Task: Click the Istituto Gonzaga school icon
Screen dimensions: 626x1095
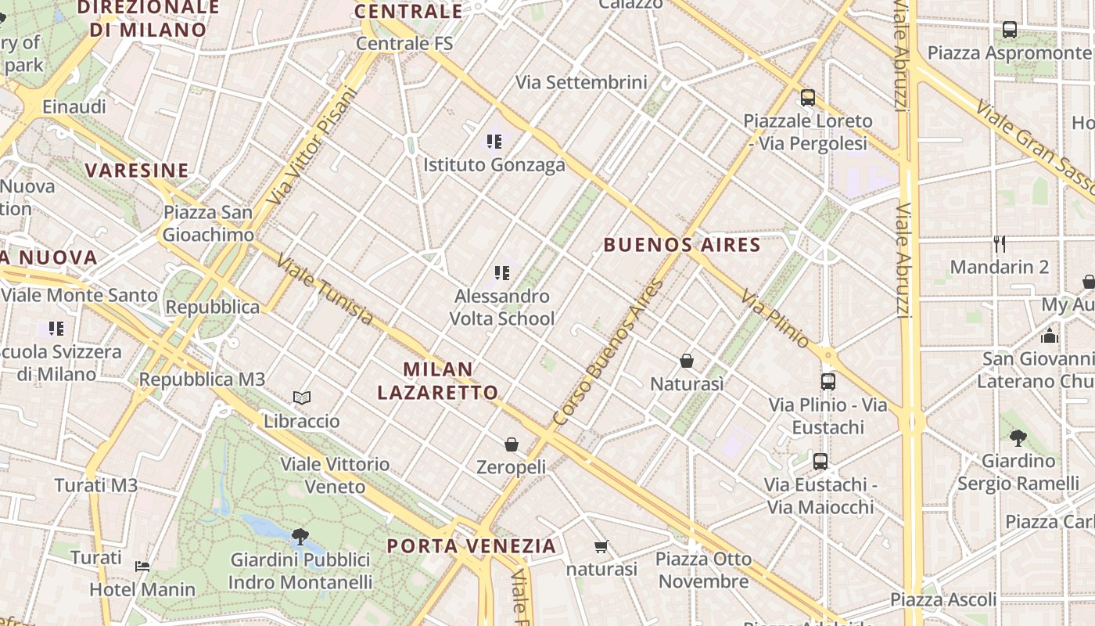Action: (x=494, y=142)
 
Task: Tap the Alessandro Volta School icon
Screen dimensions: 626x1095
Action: (x=502, y=273)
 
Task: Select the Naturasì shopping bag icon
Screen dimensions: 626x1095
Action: (x=687, y=361)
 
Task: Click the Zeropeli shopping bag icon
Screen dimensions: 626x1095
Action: (x=512, y=444)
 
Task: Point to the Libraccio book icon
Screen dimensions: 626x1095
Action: (x=302, y=398)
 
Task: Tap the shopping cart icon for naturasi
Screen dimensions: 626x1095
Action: (x=601, y=546)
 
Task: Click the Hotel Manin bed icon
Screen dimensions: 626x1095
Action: (x=142, y=566)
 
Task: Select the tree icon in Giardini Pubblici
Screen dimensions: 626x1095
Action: (x=300, y=536)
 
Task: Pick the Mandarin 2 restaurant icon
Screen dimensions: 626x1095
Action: (x=999, y=243)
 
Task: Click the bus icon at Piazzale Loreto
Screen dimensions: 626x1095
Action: (x=808, y=98)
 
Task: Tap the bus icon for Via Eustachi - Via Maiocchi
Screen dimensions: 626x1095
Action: (x=820, y=462)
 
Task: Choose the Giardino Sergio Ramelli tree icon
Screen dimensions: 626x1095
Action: (x=1018, y=437)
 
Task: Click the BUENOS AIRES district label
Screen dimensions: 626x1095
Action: (x=682, y=245)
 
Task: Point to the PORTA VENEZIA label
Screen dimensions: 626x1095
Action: (x=472, y=545)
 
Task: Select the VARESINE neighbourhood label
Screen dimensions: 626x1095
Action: (x=137, y=170)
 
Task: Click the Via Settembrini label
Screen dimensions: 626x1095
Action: (x=581, y=82)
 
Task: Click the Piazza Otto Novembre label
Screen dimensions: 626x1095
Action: (x=704, y=570)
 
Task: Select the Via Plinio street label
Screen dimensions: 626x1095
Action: (x=775, y=319)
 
